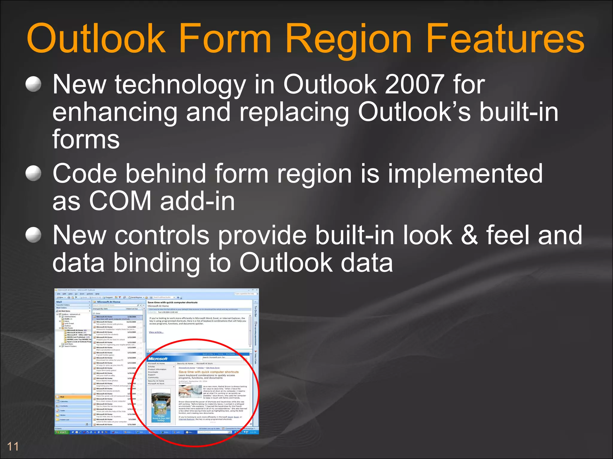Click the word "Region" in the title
tap(349, 39)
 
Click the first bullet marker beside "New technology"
tap(33, 84)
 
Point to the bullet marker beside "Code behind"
tap(33, 173)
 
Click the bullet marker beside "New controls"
tap(33, 235)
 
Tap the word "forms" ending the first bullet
tap(86, 139)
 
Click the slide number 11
tap(13, 447)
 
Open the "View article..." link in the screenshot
tap(156, 332)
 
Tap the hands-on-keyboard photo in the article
tap(190, 391)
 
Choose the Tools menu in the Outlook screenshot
tap(82, 294)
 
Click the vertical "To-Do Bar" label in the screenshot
tap(256, 311)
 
